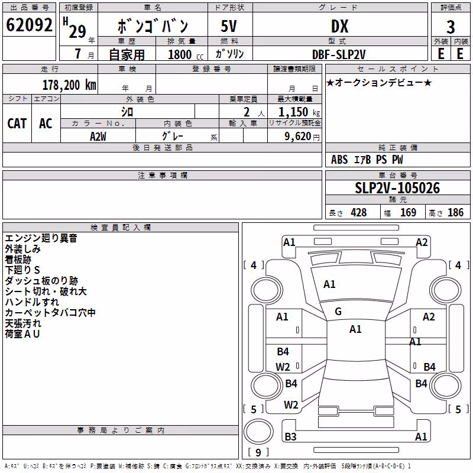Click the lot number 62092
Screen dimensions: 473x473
tap(29, 25)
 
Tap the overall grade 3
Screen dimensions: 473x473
tap(451, 27)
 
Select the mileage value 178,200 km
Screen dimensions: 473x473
tap(69, 85)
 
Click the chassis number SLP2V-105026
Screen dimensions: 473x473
tap(397, 188)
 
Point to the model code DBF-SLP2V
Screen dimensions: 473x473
tap(339, 54)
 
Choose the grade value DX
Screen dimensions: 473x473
tap(339, 26)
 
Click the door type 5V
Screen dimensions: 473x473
tap(229, 26)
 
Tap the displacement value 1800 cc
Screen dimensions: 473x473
tap(186, 55)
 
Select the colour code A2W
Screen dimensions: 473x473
tap(98, 137)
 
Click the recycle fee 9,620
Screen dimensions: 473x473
tap(298, 137)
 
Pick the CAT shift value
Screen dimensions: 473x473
tap(17, 124)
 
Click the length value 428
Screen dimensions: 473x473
tap(359, 212)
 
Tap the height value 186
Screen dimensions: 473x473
tap(455, 212)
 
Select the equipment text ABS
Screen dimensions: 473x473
tap(339, 160)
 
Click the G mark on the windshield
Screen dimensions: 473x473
tap(338, 312)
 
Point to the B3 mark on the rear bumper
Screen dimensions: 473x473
tap(290, 436)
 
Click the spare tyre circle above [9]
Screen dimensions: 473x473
tap(258, 432)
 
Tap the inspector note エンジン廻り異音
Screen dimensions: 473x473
tap(41, 238)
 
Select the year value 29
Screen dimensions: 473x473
tap(77, 32)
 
